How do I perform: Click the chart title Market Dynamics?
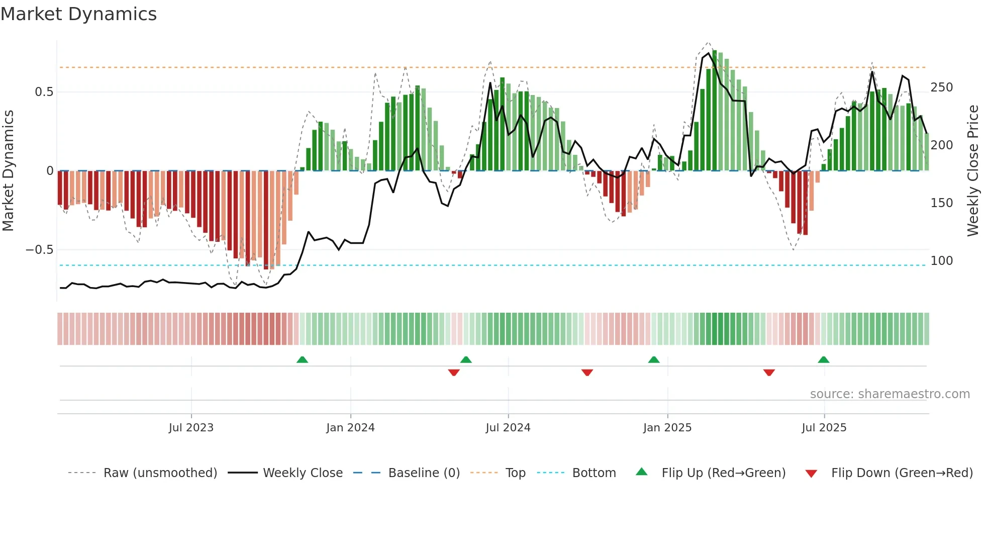coord(79,14)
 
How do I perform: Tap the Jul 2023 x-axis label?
coord(191,428)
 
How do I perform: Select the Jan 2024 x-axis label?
coord(350,428)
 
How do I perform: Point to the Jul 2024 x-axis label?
coord(508,428)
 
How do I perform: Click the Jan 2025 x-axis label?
coord(667,428)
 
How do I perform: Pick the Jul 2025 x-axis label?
coord(824,428)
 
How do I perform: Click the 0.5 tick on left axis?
coord(44,92)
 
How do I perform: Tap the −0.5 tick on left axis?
coord(40,250)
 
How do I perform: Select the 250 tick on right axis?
coord(941,87)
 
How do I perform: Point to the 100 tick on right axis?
coord(941,261)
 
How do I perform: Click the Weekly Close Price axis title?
coord(973,171)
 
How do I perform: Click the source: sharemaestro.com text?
coord(890,394)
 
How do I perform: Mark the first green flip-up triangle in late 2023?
coord(302,360)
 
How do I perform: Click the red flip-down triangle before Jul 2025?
coord(768,373)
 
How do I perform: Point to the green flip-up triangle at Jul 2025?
coord(823,360)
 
